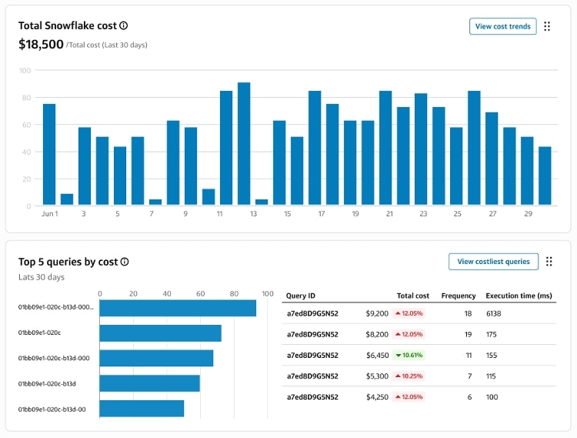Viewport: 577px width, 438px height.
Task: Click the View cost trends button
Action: pos(502,26)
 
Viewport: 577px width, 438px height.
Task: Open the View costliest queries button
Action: pos(493,262)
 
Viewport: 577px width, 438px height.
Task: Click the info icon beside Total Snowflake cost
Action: pos(124,26)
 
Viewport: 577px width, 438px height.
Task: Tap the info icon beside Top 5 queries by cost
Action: pos(125,262)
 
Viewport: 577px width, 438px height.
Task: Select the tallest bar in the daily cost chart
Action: pos(244,144)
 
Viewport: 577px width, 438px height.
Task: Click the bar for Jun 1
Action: pos(49,155)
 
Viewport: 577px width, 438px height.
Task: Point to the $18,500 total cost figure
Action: pos(41,45)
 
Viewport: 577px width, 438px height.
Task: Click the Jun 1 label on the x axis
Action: pos(49,214)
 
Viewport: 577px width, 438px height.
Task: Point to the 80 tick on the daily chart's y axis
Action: pos(25,98)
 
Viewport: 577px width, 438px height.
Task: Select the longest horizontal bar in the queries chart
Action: pos(178,308)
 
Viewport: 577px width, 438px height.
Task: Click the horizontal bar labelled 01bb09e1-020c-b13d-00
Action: pos(142,408)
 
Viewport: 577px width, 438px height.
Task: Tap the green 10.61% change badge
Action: pos(408,355)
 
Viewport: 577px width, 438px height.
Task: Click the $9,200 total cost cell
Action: pos(378,313)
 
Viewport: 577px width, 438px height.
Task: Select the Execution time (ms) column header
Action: pos(519,296)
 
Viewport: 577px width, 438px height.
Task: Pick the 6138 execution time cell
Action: pos(494,313)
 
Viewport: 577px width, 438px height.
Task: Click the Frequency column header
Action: pos(458,296)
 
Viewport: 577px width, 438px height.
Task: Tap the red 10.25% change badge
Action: pos(408,376)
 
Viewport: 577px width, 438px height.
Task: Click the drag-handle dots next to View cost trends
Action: pos(547,26)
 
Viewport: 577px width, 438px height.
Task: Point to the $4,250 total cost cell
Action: pos(378,396)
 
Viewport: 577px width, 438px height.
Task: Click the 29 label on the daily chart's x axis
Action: pos(527,214)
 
